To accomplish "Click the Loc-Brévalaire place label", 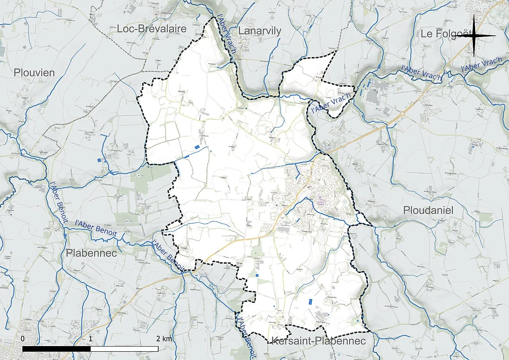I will coord(152,29).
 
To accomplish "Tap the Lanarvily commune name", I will coord(260,31).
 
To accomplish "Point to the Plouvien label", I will coord(34,73).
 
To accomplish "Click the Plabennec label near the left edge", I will coord(91,253).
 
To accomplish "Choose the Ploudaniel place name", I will coord(428,210).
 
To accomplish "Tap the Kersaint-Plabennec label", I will coord(318,341).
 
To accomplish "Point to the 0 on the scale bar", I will coord(23,339).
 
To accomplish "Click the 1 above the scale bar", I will coord(91,339).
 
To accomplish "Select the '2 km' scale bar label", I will coord(164,339).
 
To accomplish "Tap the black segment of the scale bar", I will coord(56,349).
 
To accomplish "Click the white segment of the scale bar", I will coord(124,349).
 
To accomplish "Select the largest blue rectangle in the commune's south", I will coord(311,302).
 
